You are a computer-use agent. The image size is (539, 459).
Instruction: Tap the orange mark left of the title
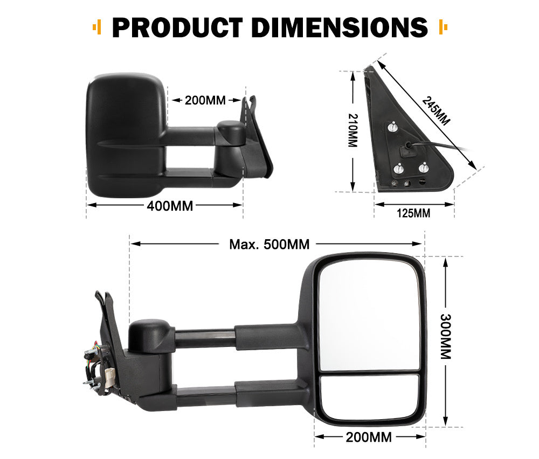click(x=97, y=26)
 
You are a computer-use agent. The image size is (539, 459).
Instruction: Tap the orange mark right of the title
click(x=444, y=26)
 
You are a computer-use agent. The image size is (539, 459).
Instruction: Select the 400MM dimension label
click(x=171, y=205)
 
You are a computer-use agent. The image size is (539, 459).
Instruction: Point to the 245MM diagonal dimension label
click(x=436, y=111)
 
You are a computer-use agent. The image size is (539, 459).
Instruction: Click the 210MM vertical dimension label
click(x=353, y=130)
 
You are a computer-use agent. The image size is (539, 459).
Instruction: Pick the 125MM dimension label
click(x=413, y=213)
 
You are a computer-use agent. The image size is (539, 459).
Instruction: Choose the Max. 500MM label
click(x=269, y=244)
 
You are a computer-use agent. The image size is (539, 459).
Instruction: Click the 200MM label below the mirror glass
click(x=369, y=437)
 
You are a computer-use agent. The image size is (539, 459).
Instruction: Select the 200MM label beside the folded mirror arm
click(x=205, y=100)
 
